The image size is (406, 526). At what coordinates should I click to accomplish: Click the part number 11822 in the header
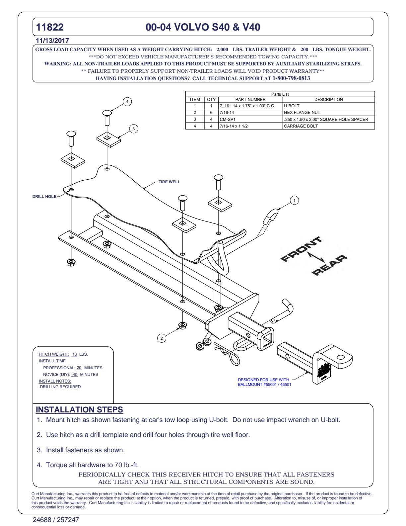(50, 27)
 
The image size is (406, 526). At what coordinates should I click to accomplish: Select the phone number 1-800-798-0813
(291, 78)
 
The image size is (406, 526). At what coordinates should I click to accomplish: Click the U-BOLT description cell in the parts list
(292, 106)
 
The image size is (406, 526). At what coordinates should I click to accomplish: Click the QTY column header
(211, 99)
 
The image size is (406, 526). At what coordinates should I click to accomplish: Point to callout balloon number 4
(127, 101)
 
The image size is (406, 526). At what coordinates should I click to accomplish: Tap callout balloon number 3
(133, 129)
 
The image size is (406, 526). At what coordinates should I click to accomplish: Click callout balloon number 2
(162, 338)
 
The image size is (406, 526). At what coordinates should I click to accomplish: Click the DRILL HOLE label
(44, 197)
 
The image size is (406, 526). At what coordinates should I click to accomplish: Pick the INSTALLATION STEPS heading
(79, 410)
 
